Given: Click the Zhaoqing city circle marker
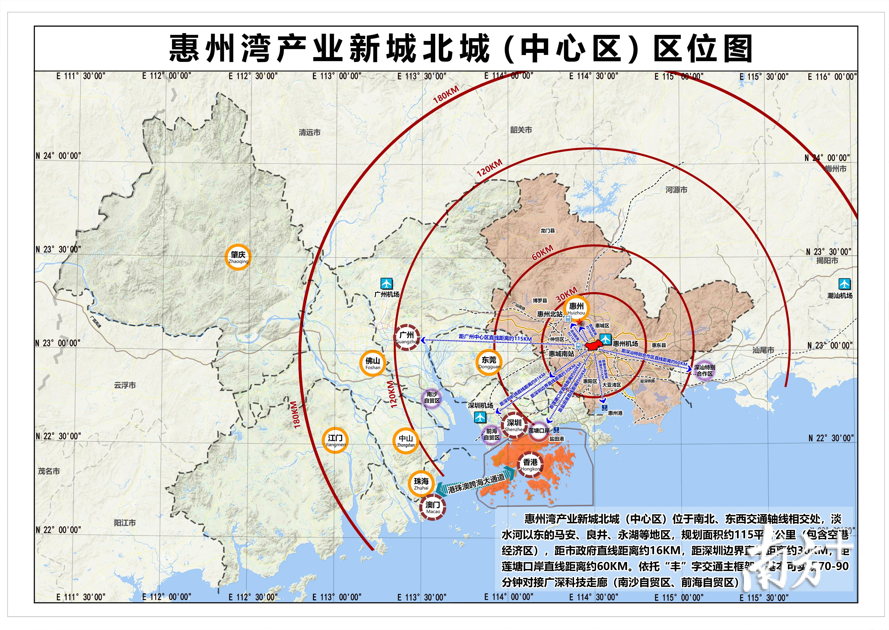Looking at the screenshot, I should click(x=238, y=257).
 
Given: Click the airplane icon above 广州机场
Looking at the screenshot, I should click(x=386, y=283).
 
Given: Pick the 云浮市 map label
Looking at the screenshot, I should click(x=125, y=385).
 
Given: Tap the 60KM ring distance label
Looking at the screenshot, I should click(x=542, y=252).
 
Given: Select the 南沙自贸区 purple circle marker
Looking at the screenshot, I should click(x=432, y=398).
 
